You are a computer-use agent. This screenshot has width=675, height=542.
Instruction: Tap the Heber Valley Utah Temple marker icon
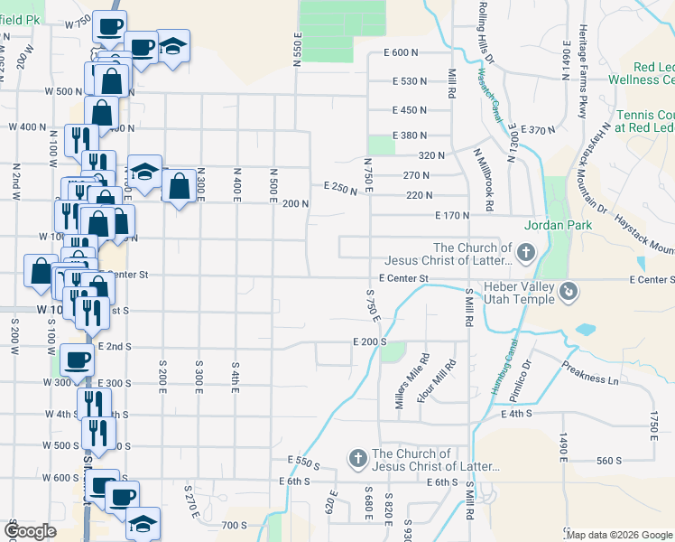[569, 291]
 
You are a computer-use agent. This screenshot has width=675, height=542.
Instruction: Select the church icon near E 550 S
[357, 459]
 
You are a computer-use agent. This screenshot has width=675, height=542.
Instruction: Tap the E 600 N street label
[402, 53]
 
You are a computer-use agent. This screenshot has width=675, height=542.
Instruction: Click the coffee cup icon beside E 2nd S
[76, 360]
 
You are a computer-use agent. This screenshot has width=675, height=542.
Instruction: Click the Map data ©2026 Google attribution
[619, 535]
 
